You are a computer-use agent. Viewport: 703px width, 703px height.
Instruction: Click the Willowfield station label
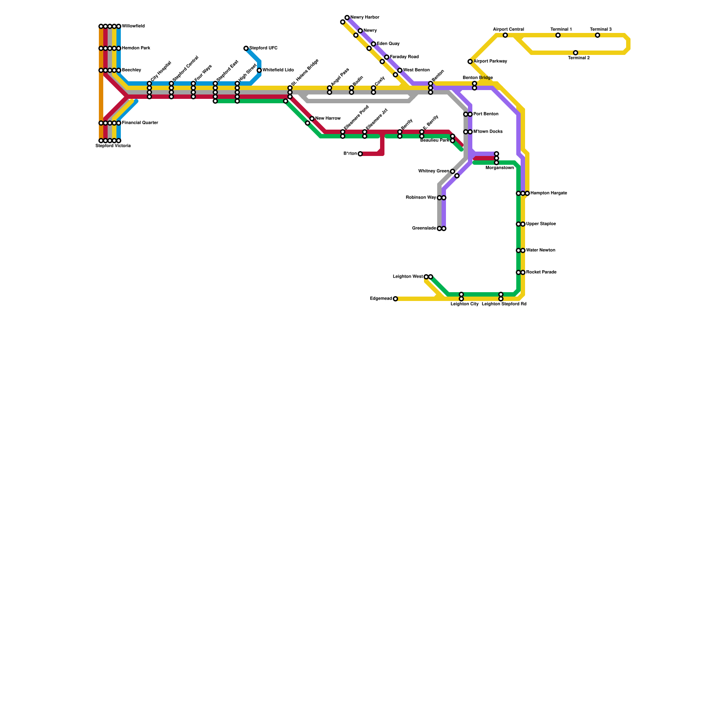click(x=133, y=26)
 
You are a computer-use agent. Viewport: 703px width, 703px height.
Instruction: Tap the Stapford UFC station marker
click(x=246, y=48)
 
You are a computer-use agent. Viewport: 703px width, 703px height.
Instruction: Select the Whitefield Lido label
click(x=278, y=70)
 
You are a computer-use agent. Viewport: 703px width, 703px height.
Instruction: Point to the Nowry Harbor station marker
click(x=347, y=18)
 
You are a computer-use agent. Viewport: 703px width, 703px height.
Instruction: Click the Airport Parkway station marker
click(x=470, y=62)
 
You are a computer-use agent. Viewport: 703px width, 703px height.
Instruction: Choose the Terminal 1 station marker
click(x=558, y=35)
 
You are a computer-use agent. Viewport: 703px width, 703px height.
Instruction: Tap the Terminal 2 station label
click(x=579, y=58)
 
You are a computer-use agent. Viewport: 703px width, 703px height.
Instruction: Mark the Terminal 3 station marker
click(x=598, y=35)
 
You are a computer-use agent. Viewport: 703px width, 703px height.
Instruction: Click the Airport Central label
click(x=508, y=29)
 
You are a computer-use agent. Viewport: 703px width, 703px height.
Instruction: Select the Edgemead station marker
click(x=395, y=299)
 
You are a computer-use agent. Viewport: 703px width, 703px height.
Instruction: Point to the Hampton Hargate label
click(x=549, y=193)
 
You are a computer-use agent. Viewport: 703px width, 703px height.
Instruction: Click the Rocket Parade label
click(x=541, y=272)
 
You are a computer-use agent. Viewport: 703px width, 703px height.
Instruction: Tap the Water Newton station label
click(x=541, y=250)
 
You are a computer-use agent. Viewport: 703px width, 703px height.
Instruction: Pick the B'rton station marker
click(x=360, y=154)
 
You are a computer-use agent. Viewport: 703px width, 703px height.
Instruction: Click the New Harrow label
click(x=328, y=119)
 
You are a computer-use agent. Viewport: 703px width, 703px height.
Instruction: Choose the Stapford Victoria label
click(x=113, y=146)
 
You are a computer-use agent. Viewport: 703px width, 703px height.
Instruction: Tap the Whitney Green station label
click(x=434, y=171)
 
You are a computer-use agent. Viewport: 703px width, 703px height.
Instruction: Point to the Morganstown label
click(x=500, y=168)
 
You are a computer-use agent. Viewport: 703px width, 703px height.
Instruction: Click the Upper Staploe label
click(x=541, y=224)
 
